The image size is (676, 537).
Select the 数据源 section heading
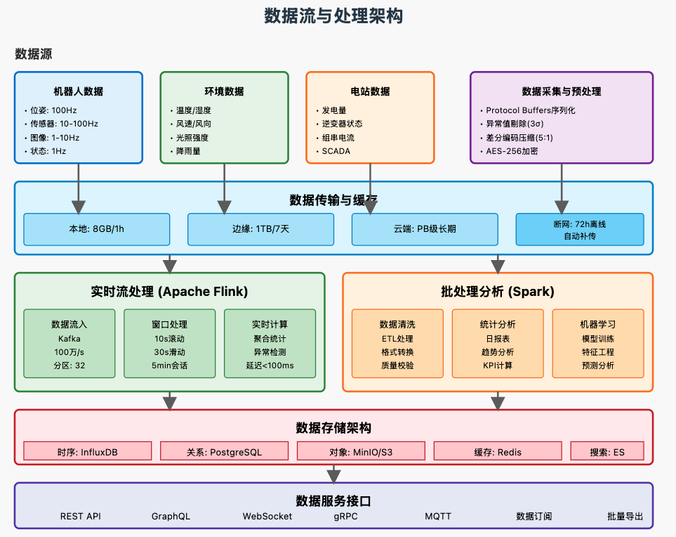(33, 54)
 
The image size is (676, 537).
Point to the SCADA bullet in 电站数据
(336, 151)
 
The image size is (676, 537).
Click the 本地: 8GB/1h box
(96, 229)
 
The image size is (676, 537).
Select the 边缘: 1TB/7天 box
(260, 229)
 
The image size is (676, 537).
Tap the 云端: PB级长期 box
(425, 229)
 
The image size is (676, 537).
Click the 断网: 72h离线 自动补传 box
(579, 229)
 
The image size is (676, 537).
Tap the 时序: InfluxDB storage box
(87, 451)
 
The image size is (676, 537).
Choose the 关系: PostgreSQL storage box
(224, 451)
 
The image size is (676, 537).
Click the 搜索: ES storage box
(607, 451)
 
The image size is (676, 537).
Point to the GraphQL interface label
(171, 516)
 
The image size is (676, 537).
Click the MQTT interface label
(438, 516)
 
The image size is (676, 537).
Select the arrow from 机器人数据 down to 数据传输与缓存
(79, 187)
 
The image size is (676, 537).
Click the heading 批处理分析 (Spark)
(497, 291)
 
